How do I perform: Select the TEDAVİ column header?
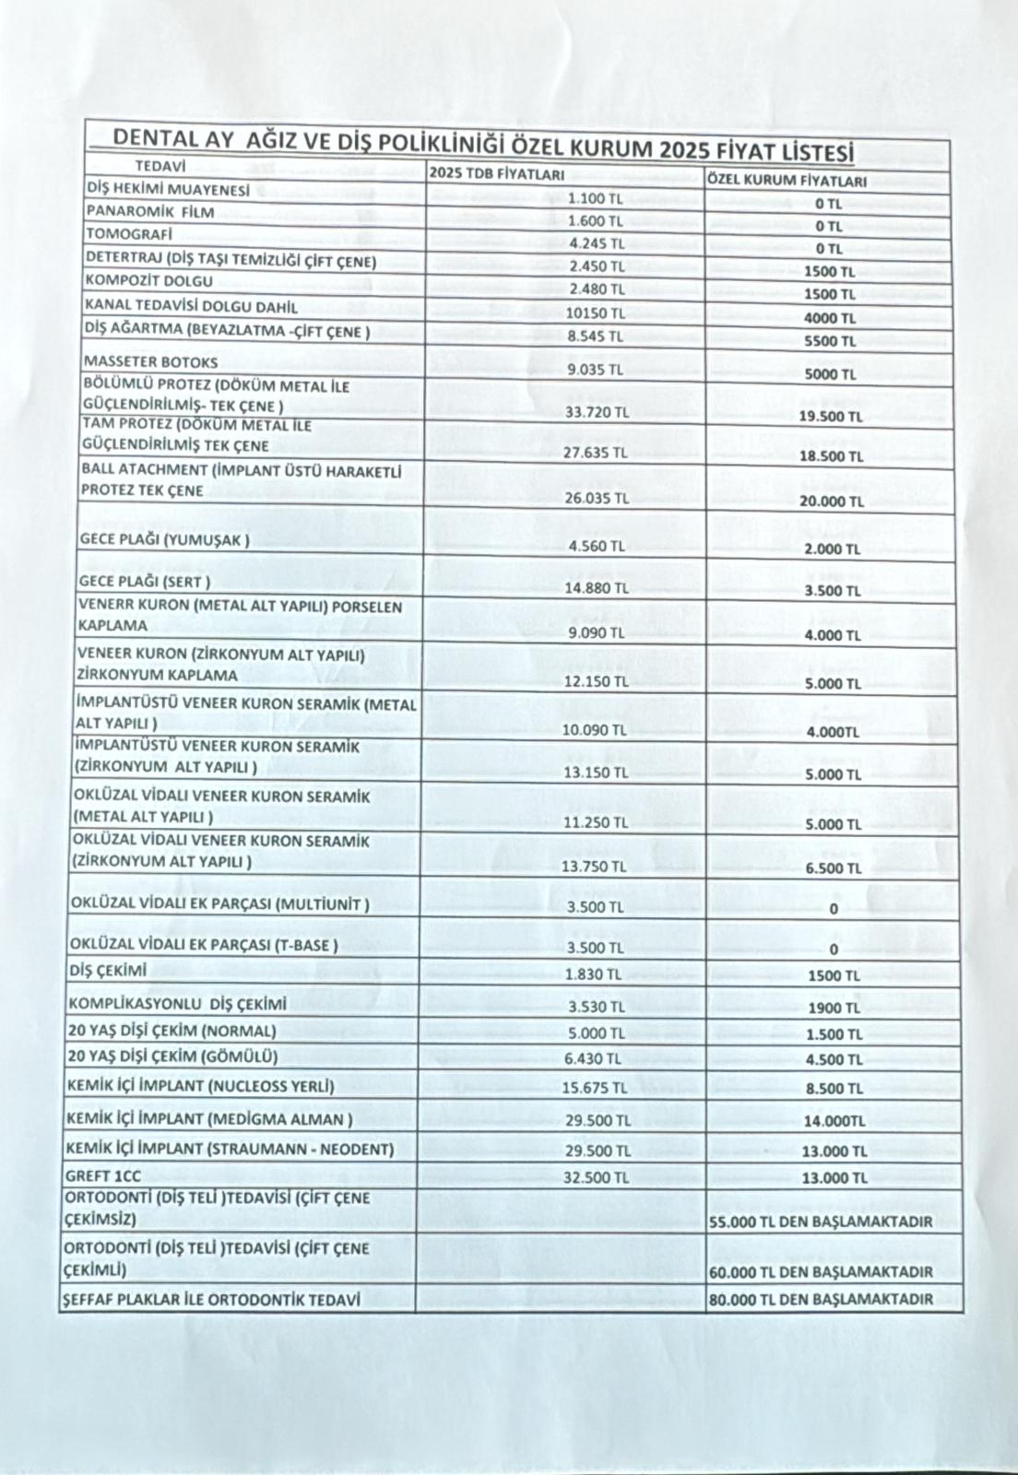(x=160, y=167)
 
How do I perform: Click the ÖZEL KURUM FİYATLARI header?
(x=787, y=181)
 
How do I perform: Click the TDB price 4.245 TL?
(x=597, y=244)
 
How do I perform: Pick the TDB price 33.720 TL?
(x=597, y=412)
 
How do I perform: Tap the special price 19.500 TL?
(x=831, y=416)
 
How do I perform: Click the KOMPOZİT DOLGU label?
(x=148, y=280)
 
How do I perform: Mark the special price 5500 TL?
(x=829, y=341)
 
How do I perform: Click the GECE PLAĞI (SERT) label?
(x=145, y=582)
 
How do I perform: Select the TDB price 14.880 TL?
(x=597, y=587)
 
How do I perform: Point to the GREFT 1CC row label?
(x=103, y=1176)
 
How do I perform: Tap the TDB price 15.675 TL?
(x=595, y=1088)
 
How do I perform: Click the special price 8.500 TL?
(x=834, y=1089)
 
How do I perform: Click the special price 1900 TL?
(x=834, y=1009)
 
